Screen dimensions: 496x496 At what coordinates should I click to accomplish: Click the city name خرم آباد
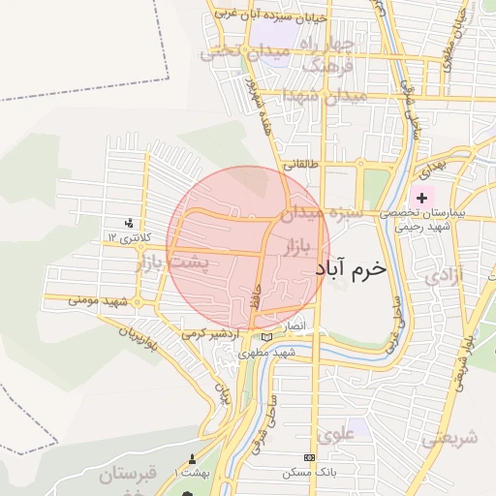coord(350,269)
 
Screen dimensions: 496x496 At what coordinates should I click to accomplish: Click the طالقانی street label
coord(298,166)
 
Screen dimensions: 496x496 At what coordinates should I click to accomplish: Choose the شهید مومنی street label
coord(99,301)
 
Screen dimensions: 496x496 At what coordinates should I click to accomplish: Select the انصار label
coord(294,327)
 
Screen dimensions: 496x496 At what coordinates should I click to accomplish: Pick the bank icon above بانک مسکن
coord(309,457)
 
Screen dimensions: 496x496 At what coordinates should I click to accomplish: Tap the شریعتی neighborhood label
coord(449,437)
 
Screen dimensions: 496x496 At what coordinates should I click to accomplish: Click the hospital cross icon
coord(421,198)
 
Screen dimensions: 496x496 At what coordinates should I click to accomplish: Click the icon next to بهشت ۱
coord(191,459)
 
